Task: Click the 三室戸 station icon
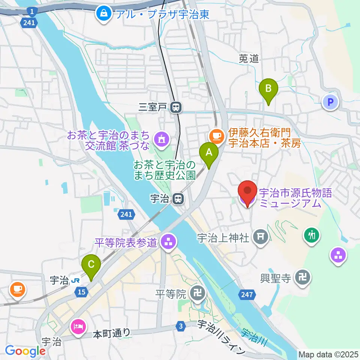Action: pyautogui.click(x=175, y=108)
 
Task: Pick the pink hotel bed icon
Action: pyautogui.click(x=78, y=326)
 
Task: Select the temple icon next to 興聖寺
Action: pyautogui.click(x=301, y=277)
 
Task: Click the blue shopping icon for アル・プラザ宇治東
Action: pyautogui.click(x=102, y=14)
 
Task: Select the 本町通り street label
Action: pyautogui.click(x=112, y=333)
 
